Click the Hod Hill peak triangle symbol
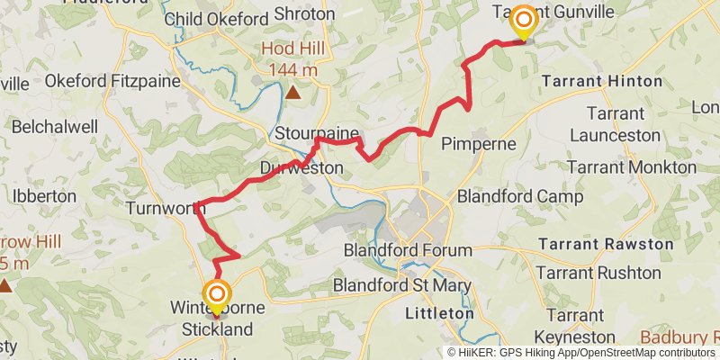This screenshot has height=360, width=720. pyautogui.click(x=293, y=91)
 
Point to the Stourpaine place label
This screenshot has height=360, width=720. pyautogui.click(x=309, y=134)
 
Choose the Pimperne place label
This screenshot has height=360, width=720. pyautogui.click(x=479, y=143)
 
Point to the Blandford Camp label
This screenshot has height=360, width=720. pyautogui.click(x=520, y=196)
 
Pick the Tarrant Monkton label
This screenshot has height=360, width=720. pyautogui.click(x=632, y=167)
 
